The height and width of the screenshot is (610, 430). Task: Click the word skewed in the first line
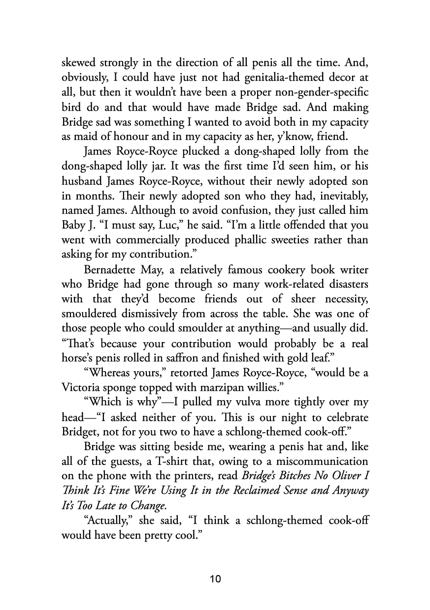point(79,63)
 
